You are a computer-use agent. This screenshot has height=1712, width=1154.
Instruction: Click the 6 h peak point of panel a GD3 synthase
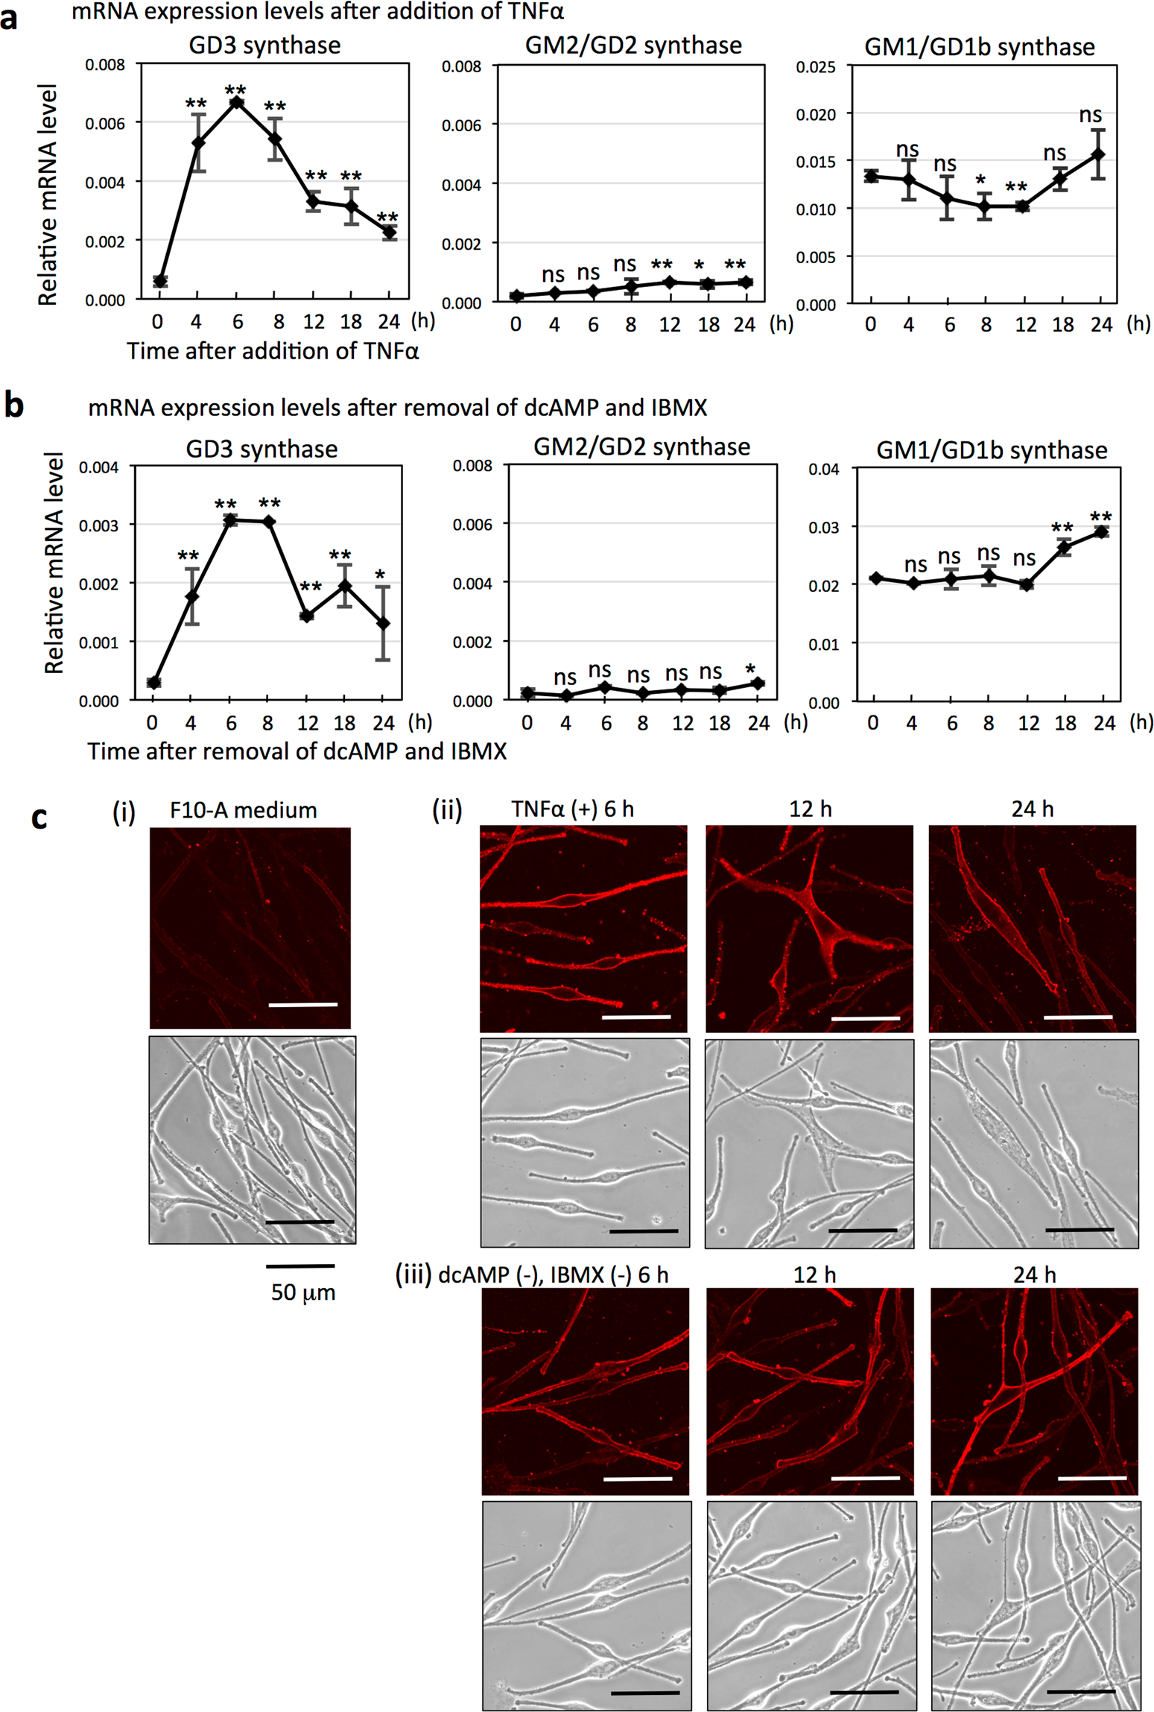point(237,102)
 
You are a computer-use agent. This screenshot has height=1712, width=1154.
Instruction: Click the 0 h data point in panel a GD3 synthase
point(159,281)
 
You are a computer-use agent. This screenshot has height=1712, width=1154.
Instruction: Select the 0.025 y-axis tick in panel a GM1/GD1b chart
point(815,67)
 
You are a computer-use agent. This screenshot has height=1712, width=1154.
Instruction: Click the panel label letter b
point(14,406)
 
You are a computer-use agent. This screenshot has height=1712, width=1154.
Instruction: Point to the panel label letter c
point(39,818)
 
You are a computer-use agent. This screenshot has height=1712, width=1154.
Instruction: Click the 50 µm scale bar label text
point(302,1292)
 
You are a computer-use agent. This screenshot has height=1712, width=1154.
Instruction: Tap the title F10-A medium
point(243,810)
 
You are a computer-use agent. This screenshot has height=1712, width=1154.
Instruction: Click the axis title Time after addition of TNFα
point(273,351)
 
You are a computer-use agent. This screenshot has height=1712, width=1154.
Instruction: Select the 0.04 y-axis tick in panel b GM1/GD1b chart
point(823,470)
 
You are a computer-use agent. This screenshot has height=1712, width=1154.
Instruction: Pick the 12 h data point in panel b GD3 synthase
point(306,616)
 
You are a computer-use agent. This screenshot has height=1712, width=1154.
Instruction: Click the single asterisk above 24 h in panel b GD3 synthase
point(380,575)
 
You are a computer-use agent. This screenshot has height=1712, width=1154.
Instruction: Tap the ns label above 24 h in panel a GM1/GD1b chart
point(1090,116)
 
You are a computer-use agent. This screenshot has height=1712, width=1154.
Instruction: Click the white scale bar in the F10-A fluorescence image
point(302,1005)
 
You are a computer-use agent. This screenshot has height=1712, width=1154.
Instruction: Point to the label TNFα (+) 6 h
point(572,809)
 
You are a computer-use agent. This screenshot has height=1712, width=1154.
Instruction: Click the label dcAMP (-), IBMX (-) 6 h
point(553,1275)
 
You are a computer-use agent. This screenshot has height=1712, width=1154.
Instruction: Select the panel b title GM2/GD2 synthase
point(641,447)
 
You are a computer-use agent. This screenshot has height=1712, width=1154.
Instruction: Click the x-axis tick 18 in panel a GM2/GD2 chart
point(708,325)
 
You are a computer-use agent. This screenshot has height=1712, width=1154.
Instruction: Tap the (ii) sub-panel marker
point(447,809)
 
